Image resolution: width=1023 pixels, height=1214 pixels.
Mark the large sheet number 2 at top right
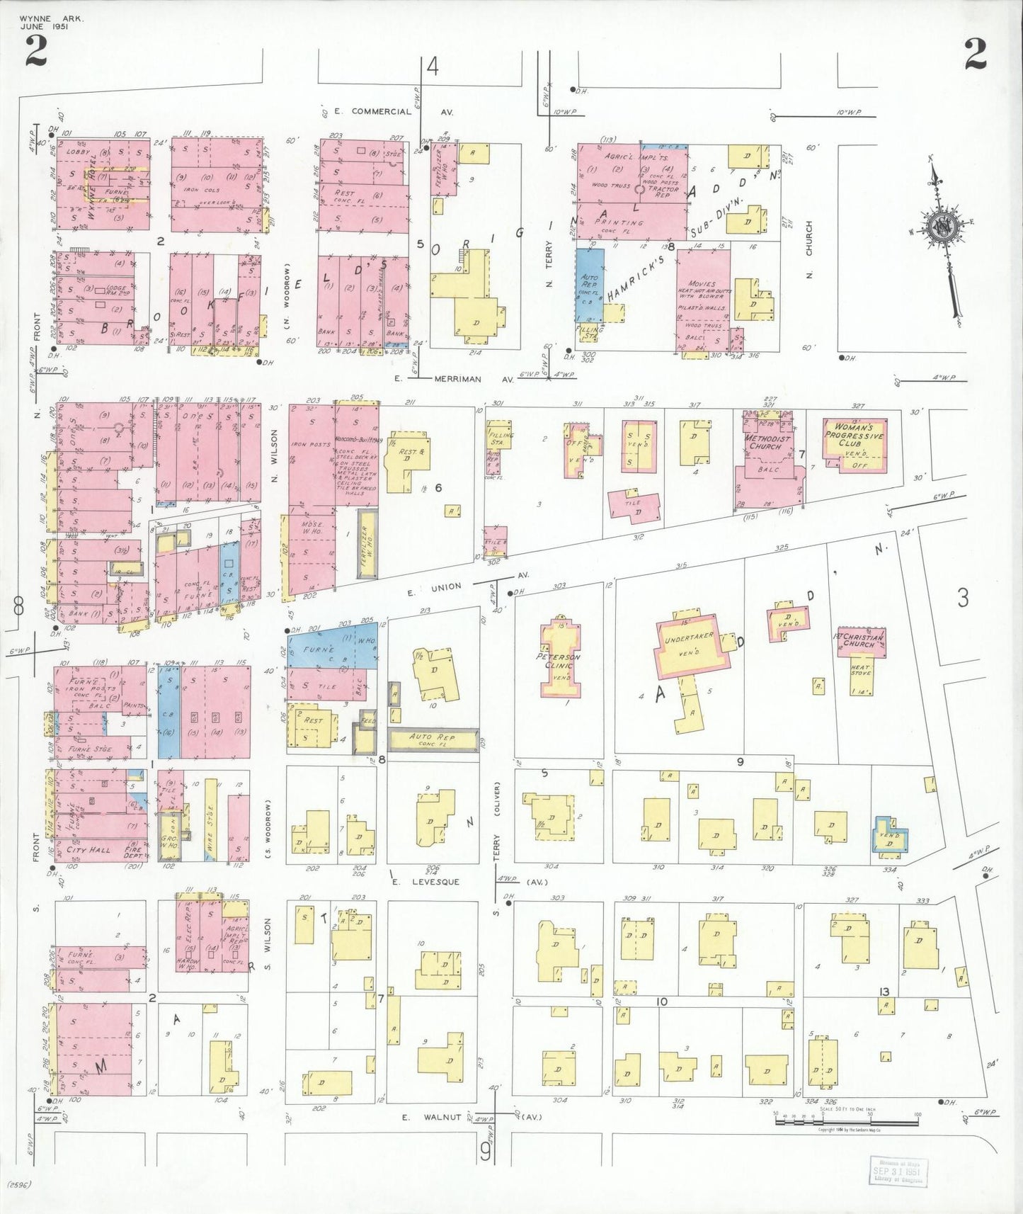(975, 54)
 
